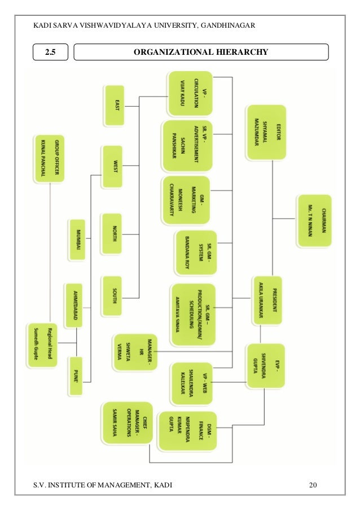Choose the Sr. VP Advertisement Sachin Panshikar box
click(x=187, y=146)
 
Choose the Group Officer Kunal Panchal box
click(x=49, y=158)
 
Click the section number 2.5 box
click(x=51, y=53)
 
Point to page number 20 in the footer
click(x=313, y=485)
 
